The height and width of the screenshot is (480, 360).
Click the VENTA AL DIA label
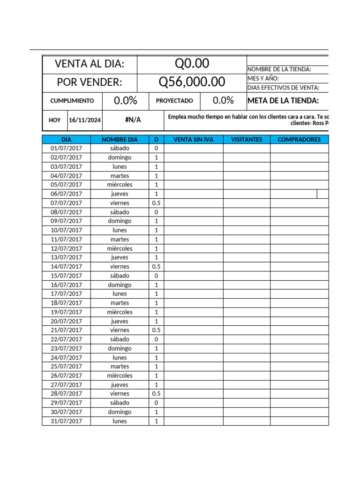90,64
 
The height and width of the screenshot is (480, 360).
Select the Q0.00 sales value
192,63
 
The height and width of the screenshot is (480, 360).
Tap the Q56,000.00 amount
192,82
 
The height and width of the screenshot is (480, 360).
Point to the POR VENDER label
90,82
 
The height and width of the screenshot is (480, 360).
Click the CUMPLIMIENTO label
72,101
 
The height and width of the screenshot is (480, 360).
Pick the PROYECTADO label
174,101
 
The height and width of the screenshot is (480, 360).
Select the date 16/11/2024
85,120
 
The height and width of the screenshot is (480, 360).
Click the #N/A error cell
133,120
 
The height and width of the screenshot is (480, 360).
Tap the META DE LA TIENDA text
283,100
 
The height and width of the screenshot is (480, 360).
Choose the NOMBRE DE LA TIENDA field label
279,69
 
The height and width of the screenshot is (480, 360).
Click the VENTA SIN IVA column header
193,139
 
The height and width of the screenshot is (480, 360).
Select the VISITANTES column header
247,139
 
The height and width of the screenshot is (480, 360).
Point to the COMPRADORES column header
299,139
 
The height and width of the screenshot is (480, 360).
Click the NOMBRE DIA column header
120,139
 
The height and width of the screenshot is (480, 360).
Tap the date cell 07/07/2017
66,203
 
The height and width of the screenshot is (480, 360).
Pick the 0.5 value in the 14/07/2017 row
156,266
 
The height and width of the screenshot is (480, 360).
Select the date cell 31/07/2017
66,421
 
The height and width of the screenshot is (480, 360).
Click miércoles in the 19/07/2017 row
120,312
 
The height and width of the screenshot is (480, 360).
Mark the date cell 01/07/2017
66,148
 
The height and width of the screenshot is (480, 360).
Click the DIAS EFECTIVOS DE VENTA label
283,88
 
